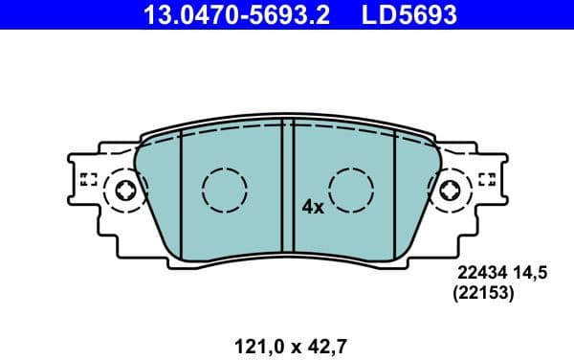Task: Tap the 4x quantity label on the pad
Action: click(313, 206)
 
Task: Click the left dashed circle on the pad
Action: click(225, 190)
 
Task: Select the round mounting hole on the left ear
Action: click(125, 191)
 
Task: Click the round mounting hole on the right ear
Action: click(450, 191)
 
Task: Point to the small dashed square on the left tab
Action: click(89, 179)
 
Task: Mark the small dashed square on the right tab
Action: click(486, 179)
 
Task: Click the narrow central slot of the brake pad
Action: click(287, 187)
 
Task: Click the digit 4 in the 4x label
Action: click(307, 206)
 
